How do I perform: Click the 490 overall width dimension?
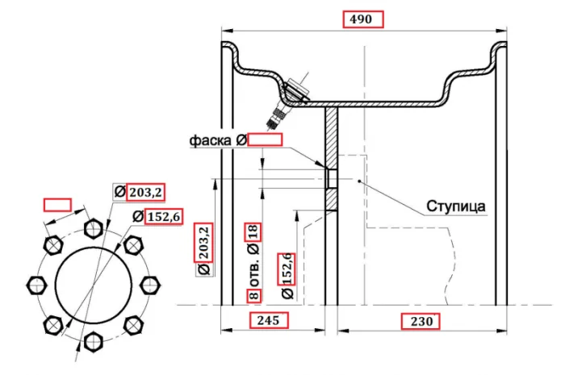click(362, 19)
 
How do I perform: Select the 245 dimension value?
click(267, 321)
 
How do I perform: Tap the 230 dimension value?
click(420, 321)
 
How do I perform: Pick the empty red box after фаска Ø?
click(265, 140)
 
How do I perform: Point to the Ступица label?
click(456, 206)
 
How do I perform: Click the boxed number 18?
click(253, 233)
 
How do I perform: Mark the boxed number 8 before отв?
click(253, 295)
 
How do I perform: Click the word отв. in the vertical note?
click(253, 273)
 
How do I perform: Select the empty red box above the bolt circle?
click(57, 204)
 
